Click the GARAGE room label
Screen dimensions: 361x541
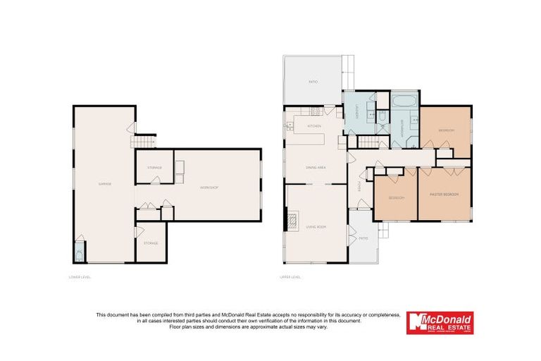(x=104, y=184)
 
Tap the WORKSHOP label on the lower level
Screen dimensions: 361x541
(x=208, y=188)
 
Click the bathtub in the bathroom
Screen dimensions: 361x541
(x=404, y=100)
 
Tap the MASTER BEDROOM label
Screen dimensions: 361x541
(x=445, y=194)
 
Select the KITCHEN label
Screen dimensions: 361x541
(x=314, y=126)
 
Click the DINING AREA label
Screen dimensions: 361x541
(x=315, y=168)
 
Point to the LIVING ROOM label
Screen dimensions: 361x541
(x=316, y=226)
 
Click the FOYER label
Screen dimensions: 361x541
(x=359, y=186)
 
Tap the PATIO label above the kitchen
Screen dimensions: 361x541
(x=313, y=82)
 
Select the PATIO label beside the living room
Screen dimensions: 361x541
(x=363, y=238)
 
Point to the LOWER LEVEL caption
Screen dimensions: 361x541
(x=80, y=277)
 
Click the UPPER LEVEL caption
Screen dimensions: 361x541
(x=291, y=277)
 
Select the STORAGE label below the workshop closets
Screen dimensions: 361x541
(x=151, y=243)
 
